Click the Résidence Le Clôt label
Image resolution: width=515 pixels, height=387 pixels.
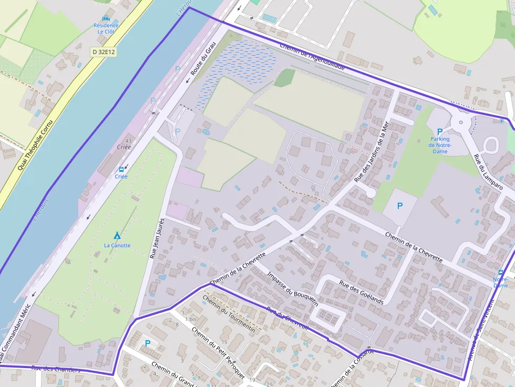(106, 28)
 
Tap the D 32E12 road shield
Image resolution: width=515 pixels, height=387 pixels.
(103, 51)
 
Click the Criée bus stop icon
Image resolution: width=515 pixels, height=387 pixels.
(121, 170)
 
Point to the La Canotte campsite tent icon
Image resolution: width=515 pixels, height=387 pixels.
(117, 236)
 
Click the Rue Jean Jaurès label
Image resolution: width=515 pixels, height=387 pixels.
(157, 238)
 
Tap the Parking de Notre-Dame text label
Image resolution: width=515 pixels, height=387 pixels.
(439, 145)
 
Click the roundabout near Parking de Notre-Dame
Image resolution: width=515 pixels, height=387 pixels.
(461, 123)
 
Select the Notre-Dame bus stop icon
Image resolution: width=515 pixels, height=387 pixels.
(500, 273)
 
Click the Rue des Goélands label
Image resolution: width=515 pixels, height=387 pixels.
(361, 292)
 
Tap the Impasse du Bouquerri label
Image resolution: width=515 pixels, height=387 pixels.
(293, 289)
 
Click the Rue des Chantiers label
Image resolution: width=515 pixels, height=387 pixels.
(56, 369)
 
